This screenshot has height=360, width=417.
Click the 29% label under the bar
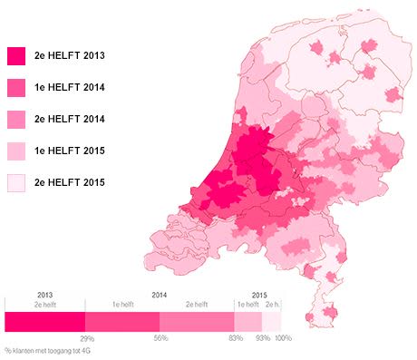87,338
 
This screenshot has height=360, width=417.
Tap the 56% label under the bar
160,338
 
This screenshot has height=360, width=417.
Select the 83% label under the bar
234,338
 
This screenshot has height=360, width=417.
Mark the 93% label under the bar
261,338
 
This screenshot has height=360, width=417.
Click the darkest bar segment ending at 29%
44,321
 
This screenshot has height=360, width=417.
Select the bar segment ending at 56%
122,321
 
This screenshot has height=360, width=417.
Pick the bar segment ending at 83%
197,321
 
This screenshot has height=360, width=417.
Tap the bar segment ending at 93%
248,321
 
